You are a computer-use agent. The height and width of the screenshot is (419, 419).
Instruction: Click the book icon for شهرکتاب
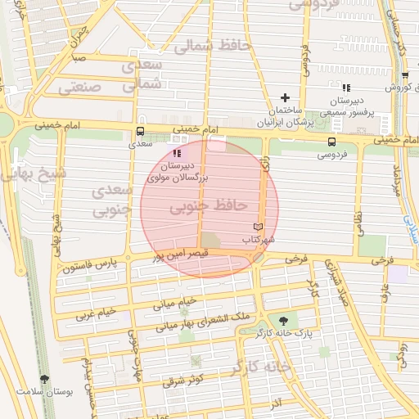pyautogui.click(x=259, y=226)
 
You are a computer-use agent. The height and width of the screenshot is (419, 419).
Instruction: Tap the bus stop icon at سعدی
pyautogui.click(x=140, y=131)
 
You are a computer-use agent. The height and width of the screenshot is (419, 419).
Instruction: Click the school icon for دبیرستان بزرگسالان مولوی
pyautogui.click(x=178, y=153)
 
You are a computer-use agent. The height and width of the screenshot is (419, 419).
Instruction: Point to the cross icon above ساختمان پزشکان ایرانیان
pyautogui.click(x=285, y=97)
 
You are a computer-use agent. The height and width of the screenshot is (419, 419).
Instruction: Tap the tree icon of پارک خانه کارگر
pyautogui.click(x=283, y=320)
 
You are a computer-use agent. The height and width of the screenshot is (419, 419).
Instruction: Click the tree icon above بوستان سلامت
pyautogui.click(x=44, y=379)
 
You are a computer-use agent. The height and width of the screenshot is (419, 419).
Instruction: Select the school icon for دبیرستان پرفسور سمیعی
pyautogui.click(x=347, y=87)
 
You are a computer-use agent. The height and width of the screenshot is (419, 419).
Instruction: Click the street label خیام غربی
pyautogui.click(x=96, y=313)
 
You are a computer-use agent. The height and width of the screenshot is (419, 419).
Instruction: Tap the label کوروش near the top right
pyautogui.click(x=396, y=87)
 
